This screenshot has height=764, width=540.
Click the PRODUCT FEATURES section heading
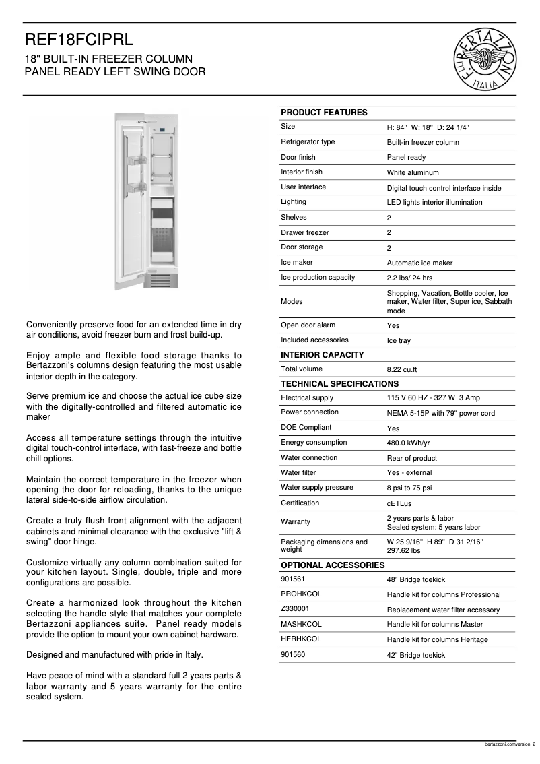point(324,113)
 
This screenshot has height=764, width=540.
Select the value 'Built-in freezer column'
point(423,142)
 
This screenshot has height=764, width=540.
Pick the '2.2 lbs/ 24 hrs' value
point(409,278)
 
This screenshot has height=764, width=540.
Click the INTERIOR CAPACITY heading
point(322,355)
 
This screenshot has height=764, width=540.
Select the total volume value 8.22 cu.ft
point(402,369)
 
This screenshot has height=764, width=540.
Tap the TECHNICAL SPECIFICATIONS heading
point(339,384)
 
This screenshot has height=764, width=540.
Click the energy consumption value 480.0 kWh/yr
point(408,443)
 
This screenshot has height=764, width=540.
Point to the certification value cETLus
point(400,503)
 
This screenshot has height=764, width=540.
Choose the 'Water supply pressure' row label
point(317,488)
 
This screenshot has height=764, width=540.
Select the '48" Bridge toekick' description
point(415,579)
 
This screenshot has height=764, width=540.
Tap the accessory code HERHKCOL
point(301,639)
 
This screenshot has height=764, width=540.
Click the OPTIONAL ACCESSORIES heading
point(333,565)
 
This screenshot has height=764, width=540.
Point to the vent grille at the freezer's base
point(164,279)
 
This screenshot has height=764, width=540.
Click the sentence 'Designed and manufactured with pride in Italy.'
point(114,655)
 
